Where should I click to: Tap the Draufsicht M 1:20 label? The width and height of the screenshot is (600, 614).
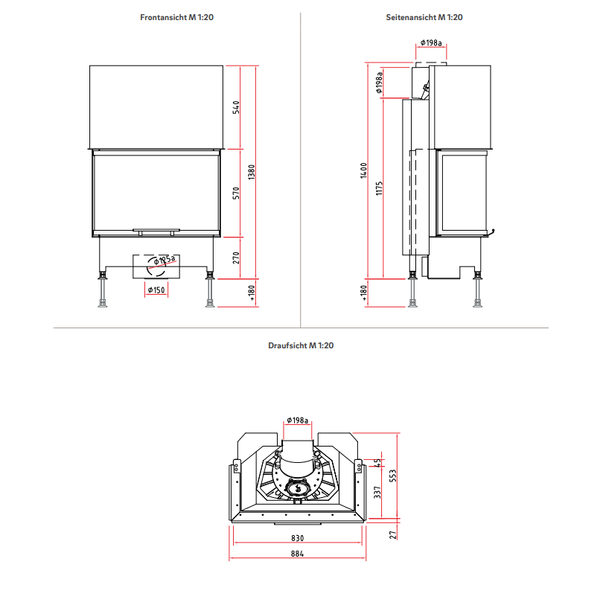(x=301, y=345)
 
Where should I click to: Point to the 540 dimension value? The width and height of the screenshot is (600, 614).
(x=237, y=106)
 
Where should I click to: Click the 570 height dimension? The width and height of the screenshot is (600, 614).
(x=237, y=193)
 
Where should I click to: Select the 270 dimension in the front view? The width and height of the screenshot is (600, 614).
(x=237, y=258)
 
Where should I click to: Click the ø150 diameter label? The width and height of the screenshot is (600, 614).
(x=156, y=290)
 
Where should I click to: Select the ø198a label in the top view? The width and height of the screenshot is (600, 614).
(x=296, y=421)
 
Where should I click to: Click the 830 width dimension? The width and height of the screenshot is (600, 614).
(x=298, y=538)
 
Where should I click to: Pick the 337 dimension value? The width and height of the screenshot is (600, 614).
(x=377, y=493)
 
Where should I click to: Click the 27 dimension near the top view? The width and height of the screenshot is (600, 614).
(x=393, y=533)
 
